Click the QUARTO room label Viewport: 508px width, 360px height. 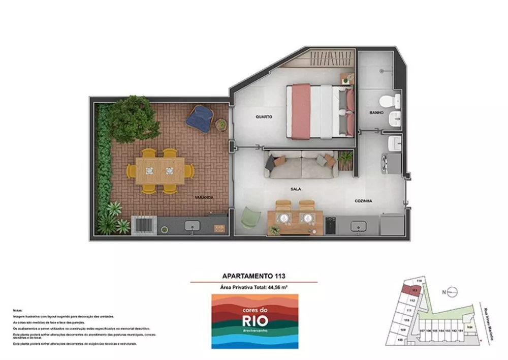264,116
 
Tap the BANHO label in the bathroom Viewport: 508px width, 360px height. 376,112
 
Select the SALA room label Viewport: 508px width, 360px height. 296,189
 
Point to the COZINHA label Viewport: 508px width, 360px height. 363,201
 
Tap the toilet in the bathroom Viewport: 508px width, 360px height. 392,99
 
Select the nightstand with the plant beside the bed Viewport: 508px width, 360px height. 347,78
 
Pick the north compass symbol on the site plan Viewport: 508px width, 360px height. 450,292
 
